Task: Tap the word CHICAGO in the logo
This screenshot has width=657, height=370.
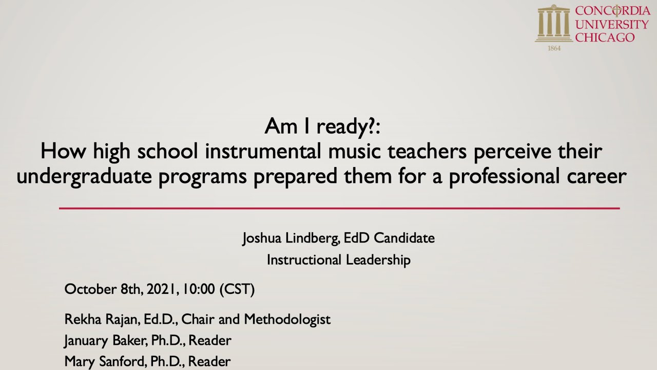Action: click(605, 38)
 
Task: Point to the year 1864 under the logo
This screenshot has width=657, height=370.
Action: click(554, 48)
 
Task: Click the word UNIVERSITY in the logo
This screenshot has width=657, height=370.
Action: click(611, 24)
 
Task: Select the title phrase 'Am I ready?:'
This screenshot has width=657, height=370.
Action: click(322, 126)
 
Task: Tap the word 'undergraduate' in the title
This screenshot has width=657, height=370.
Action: click(84, 176)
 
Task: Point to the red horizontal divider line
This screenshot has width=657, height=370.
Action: click(339, 208)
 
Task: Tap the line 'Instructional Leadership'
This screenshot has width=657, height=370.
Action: click(339, 260)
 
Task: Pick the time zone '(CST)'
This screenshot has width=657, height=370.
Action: click(237, 289)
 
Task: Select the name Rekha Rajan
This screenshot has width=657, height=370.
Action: click(101, 319)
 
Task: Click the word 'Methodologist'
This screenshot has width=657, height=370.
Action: click(287, 319)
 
